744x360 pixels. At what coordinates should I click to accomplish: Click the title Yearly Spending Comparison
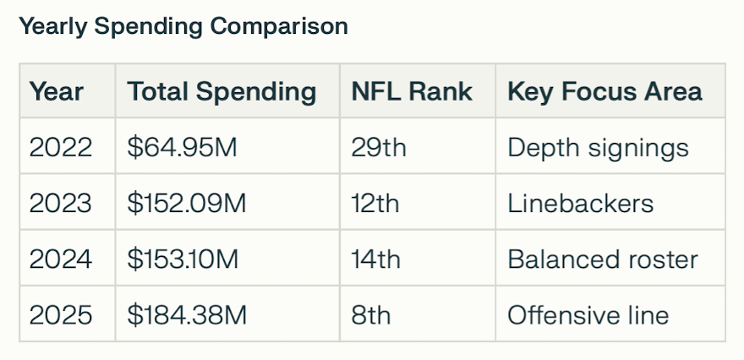(183, 26)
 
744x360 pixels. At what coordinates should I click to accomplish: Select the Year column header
(57, 90)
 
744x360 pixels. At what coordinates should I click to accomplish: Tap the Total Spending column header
(222, 90)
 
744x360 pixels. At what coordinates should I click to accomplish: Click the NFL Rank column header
(412, 90)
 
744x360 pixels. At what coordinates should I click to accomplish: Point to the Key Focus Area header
(604, 90)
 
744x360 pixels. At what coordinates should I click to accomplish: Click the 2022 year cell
(61, 147)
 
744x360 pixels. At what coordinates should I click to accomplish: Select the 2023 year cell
(61, 203)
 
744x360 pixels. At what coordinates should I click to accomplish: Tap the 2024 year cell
(61, 259)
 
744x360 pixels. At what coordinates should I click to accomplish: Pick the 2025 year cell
(61, 314)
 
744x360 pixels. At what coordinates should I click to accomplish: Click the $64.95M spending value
(183, 147)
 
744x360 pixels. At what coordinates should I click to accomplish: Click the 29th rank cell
(379, 147)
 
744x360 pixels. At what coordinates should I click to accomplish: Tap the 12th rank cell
(376, 203)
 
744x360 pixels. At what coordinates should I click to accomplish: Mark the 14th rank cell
(376, 259)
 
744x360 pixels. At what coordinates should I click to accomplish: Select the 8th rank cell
(371, 314)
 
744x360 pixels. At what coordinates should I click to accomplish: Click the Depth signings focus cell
(598, 147)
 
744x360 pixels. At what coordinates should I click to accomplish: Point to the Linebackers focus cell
(580, 203)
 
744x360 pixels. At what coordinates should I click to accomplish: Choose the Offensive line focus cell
(588, 314)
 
